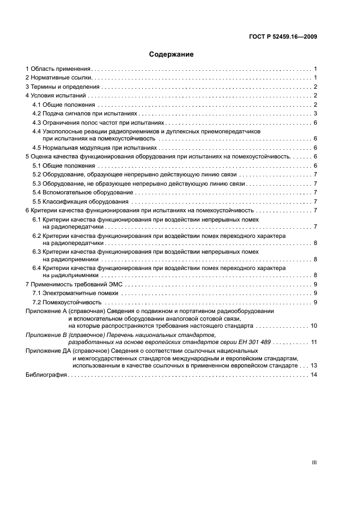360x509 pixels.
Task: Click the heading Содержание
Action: click(x=171, y=54)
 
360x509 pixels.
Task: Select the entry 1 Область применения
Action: click(x=58, y=69)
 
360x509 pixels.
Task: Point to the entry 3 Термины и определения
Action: click(x=63, y=87)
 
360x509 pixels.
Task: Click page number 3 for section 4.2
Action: click(x=315, y=113)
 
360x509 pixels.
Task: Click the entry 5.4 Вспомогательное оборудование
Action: click(x=83, y=192)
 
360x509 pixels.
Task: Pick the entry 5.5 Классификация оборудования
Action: click(x=80, y=201)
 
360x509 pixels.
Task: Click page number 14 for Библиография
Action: click(x=314, y=375)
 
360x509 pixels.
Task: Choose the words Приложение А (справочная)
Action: click(x=69, y=310)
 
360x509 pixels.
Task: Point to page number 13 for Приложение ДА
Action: click(x=314, y=366)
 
